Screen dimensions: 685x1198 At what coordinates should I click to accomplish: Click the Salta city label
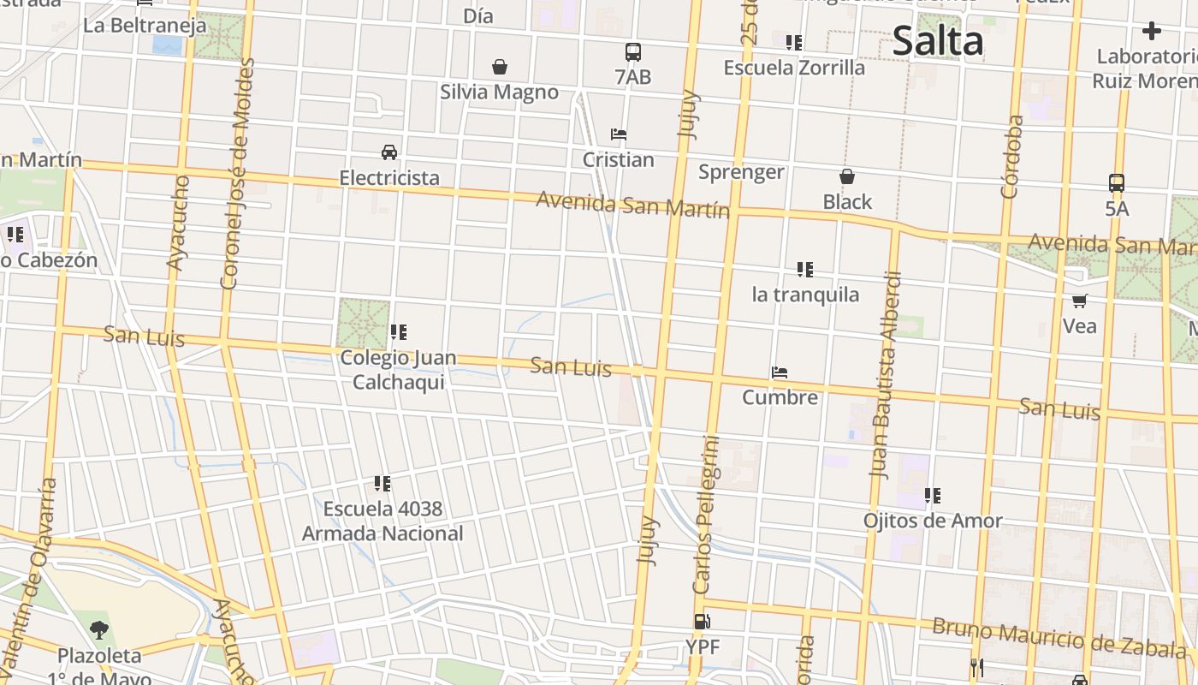point(938,40)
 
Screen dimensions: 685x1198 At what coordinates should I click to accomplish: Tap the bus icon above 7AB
point(632,52)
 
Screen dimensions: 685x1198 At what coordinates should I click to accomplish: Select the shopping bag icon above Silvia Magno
point(499,67)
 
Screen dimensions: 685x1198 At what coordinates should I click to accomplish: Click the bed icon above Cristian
point(618,134)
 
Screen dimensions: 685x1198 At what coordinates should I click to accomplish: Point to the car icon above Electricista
point(389,152)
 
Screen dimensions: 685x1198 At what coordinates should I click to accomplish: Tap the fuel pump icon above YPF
point(702,622)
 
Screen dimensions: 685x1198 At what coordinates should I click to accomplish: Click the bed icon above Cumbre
point(779,372)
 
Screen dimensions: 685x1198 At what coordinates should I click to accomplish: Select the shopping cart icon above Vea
point(1079,301)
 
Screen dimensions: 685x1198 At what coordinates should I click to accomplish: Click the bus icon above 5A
point(1116,183)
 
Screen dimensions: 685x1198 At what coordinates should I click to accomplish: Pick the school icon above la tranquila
point(804,270)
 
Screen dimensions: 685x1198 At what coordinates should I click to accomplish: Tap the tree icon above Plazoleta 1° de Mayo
point(99,630)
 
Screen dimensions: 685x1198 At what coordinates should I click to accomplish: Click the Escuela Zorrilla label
point(794,68)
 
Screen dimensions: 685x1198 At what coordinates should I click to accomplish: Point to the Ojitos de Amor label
point(933,521)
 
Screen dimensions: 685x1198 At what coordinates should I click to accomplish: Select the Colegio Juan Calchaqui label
point(398,370)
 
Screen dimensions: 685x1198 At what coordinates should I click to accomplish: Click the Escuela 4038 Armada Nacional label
point(383,521)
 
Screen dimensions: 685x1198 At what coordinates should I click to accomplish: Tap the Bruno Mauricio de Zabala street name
point(1053,639)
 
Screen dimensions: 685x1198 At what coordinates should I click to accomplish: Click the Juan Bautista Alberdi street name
point(886,373)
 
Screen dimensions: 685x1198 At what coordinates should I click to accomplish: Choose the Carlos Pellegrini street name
point(707,515)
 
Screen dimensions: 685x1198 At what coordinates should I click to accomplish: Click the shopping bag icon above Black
point(846,177)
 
